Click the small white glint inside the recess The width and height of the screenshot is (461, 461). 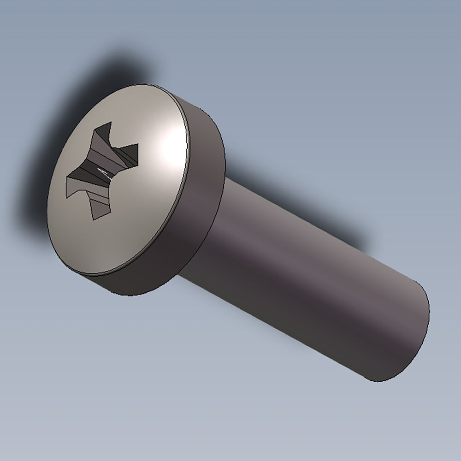pyautogui.click(x=104, y=172)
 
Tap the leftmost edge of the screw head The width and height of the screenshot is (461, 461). pyautogui.click(x=48, y=203)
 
